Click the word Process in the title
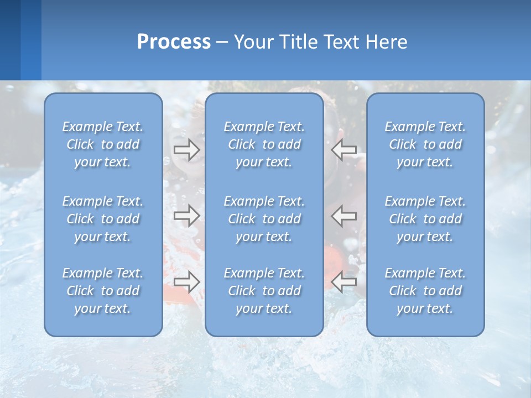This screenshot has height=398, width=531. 174,42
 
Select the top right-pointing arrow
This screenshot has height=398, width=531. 187,150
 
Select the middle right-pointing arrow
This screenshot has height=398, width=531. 187,215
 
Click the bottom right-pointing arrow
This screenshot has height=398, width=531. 187,282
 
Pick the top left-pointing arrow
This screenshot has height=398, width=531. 344,150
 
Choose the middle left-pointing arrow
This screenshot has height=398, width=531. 344,215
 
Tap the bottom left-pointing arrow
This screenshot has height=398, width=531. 344,282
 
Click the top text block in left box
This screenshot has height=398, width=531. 103,144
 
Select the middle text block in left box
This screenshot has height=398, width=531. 103,219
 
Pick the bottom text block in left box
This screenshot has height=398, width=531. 103,291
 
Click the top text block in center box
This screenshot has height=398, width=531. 264,144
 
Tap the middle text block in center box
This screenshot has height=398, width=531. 264,219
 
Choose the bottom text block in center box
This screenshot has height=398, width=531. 264,291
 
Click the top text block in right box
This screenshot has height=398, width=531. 425,144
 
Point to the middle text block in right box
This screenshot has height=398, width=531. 425,219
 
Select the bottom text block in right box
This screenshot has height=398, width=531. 425,291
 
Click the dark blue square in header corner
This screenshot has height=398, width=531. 10,40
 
